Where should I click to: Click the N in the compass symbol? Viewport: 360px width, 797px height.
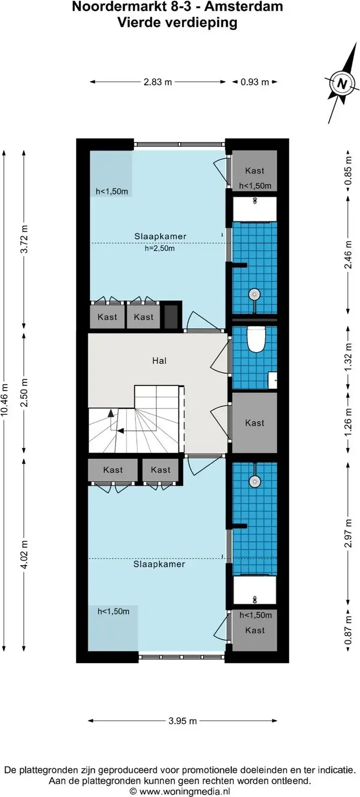342,84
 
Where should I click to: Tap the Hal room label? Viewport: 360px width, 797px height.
159,361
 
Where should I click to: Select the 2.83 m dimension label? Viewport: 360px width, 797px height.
158,82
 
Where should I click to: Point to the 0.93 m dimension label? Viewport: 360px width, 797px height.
255,82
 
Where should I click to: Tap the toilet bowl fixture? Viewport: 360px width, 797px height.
257,339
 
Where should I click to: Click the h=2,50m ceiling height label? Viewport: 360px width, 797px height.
159,249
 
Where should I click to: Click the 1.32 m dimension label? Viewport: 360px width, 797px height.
348,357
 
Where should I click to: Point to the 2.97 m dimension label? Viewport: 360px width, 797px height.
348,533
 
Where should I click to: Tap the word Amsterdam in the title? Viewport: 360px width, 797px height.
244,7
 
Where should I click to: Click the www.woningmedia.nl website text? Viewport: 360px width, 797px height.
185,791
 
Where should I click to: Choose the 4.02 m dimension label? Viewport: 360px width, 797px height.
24,555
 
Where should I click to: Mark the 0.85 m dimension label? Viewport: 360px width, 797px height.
348,171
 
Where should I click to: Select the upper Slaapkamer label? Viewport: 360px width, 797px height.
160,236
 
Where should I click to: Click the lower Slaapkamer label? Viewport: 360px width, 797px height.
159,564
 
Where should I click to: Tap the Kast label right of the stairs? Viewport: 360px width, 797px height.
255,423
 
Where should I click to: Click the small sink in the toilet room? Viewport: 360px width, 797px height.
272,380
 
